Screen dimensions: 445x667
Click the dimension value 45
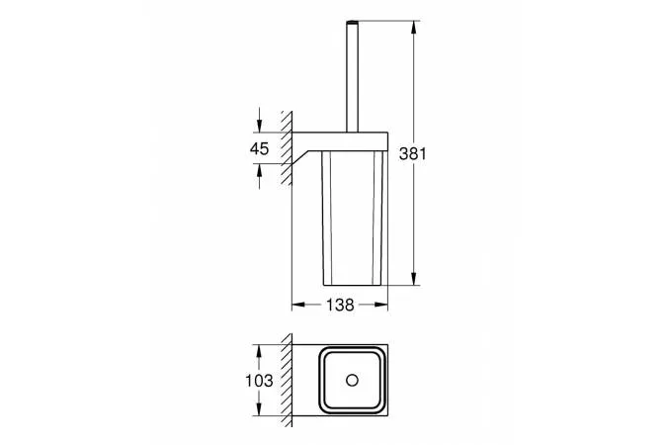coord(259,148)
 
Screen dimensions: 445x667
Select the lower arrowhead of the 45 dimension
coord(259,169)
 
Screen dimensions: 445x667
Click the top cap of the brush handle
coord(351,22)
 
